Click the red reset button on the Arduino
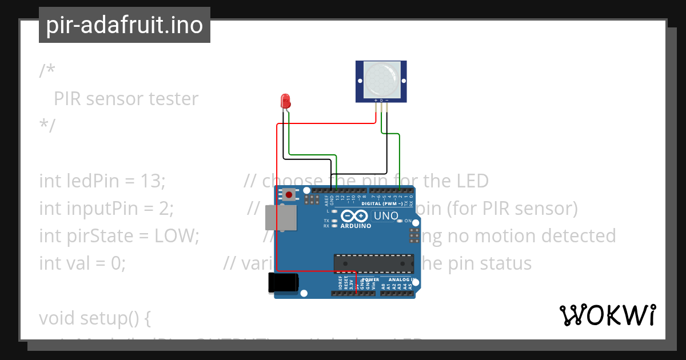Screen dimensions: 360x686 pos(289,195)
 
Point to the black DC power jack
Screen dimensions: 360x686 pos(283,282)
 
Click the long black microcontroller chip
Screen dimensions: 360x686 pos(374,263)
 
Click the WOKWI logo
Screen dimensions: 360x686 pos(607,315)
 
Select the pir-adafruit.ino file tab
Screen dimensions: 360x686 pos(125,25)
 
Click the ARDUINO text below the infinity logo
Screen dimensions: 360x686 pos(356,226)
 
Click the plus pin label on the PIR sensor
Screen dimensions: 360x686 pos(376,101)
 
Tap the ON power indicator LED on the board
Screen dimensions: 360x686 pos(401,221)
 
